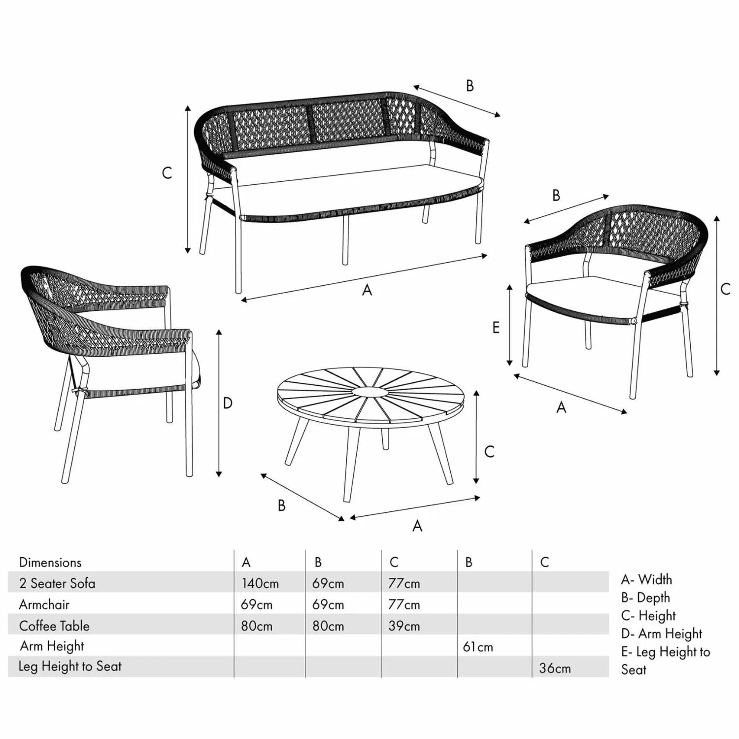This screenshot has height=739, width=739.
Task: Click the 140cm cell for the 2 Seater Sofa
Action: tap(260, 583)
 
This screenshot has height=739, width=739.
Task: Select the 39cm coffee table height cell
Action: tap(404, 626)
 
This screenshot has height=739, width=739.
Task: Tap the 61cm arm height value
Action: tap(478, 647)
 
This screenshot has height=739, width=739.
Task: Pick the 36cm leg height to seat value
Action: tap(555, 668)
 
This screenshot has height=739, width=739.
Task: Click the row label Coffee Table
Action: tap(54, 626)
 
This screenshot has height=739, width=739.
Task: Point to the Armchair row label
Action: tap(44, 605)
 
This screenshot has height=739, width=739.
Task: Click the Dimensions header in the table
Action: tap(50, 562)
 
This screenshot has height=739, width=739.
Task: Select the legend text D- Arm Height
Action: tap(662, 634)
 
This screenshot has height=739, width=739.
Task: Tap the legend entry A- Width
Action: tap(646, 579)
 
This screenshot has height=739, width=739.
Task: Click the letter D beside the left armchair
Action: tap(227, 403)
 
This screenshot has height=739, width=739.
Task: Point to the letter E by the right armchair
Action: tap(496, 327)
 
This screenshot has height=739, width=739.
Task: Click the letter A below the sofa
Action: tap(367, 290)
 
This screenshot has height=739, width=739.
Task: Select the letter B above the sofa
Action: tap(470, 86)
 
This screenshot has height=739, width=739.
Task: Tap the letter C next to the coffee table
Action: tap(489, 451)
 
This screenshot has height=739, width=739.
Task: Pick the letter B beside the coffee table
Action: tap(282, 505)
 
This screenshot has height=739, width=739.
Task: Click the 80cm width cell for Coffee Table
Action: tap(257, 626)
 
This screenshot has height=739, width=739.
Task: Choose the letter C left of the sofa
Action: tap(167, 173)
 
